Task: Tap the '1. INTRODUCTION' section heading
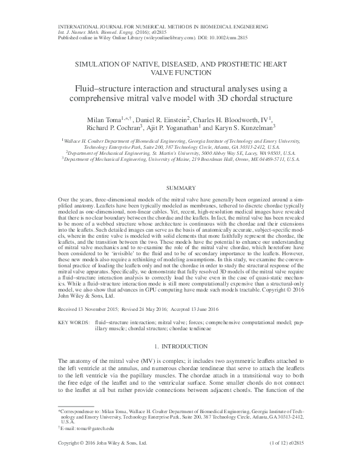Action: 179,347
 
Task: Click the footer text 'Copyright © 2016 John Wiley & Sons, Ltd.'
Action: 102,460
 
